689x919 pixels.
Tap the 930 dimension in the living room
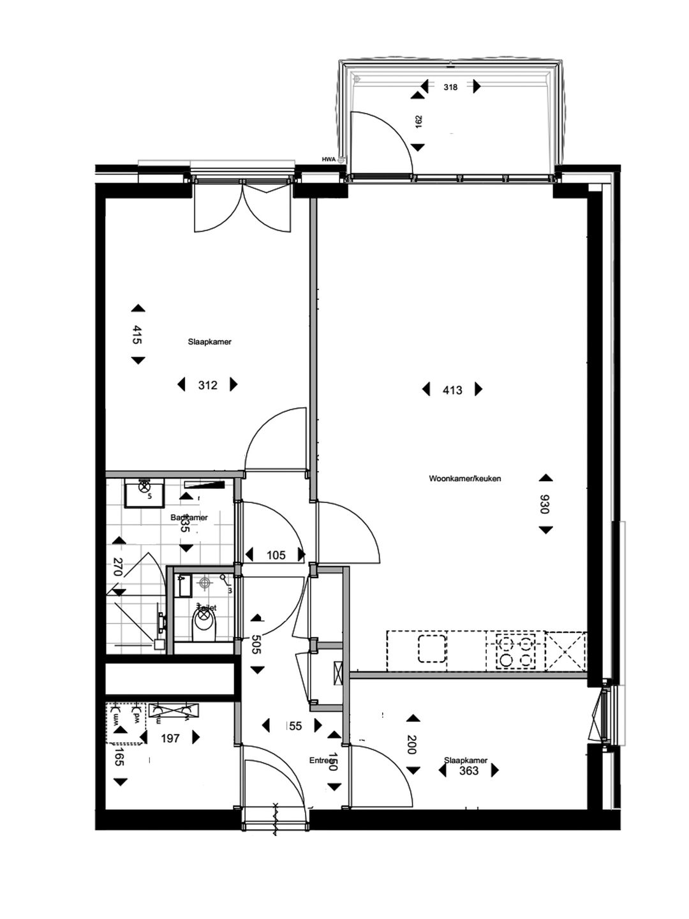[545, 504]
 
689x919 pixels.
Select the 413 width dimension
[452, 390]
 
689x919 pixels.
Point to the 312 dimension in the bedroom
[208, 385]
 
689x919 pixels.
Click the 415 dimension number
[137, 335]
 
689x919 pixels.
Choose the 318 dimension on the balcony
[450, 87]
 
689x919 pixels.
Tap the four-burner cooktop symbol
[515, 650]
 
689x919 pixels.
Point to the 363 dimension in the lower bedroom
[468, 771]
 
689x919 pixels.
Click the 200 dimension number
[412, 745]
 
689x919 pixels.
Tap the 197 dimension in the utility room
[170, 738]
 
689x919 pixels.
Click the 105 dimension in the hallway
[276, 555]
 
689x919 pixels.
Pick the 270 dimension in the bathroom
[117, 566]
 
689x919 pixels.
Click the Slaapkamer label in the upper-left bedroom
[209, 342]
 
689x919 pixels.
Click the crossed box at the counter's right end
[566, 650]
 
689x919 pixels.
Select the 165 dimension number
[119, 759]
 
